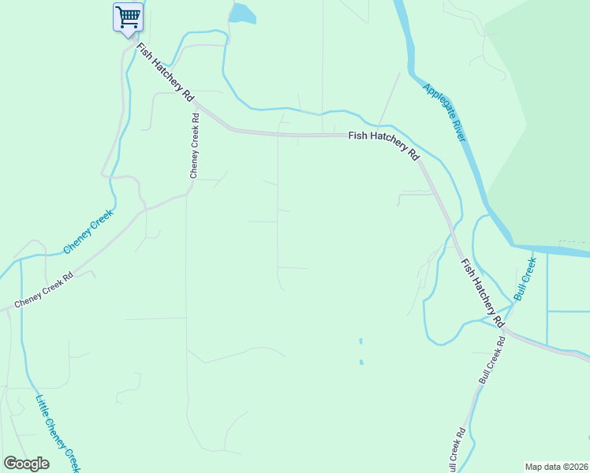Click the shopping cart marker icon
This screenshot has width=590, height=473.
128,17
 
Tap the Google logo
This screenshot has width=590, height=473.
26,464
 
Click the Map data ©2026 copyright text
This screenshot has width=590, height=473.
555,466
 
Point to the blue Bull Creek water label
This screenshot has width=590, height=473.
525,277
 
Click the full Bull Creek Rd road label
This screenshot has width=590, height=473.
491,359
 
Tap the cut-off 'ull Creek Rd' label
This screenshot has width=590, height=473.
457,451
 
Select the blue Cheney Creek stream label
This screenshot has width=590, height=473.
88,232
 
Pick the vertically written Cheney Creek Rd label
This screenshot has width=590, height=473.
194,145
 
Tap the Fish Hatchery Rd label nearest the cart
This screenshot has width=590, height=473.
165,71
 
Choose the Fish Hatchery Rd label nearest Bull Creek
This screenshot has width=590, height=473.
482,292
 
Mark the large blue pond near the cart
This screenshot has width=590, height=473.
241,13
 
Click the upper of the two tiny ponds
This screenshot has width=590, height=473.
360,342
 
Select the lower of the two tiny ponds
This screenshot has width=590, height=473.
361,363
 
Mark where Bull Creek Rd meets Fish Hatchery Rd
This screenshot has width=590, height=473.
506,330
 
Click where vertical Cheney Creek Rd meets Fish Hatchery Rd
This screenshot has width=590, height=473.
196,103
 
